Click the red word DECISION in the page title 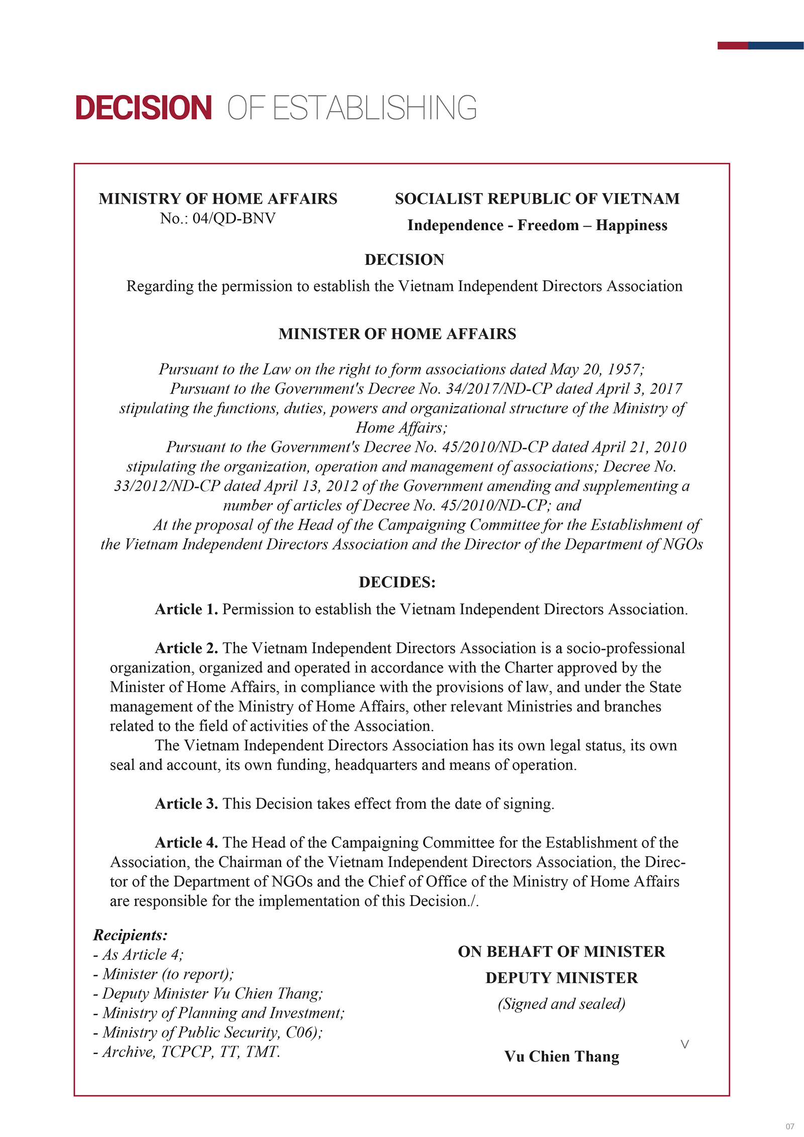[x=143, y=108]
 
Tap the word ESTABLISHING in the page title [x=374, y=108]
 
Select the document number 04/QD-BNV [x=234, y=218]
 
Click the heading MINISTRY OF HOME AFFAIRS [x=218, y=199]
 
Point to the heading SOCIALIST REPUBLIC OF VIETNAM [x=537, y=199]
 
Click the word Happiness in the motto [x=632, y=225]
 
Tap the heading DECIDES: [x=397, y=582]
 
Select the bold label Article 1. [x=186, y=609]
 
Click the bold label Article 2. [x=186, y=648]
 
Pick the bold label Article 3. [x=186, y=803]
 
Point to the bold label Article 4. [x=186, y=842]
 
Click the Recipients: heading [x=130, y=935]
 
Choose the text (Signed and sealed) [x=561, y=1003]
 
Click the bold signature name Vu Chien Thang [x=561, y=1056]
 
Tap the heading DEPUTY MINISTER [x=561, y=978]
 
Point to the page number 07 [x=790, y=1126]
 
